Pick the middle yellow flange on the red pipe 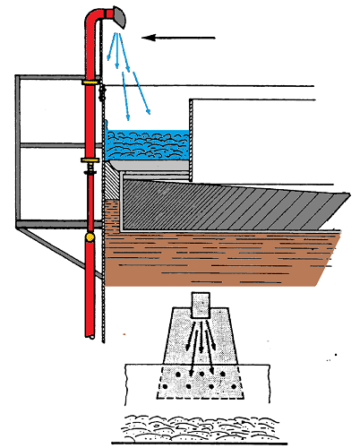pyautogui.click(x=90, y=161)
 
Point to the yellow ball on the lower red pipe pyautogui.click(x=90, y=238)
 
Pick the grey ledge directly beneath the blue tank pyautogui.click(x=148, y=167)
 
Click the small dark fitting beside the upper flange pyautogui.click(x=102, y=89)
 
